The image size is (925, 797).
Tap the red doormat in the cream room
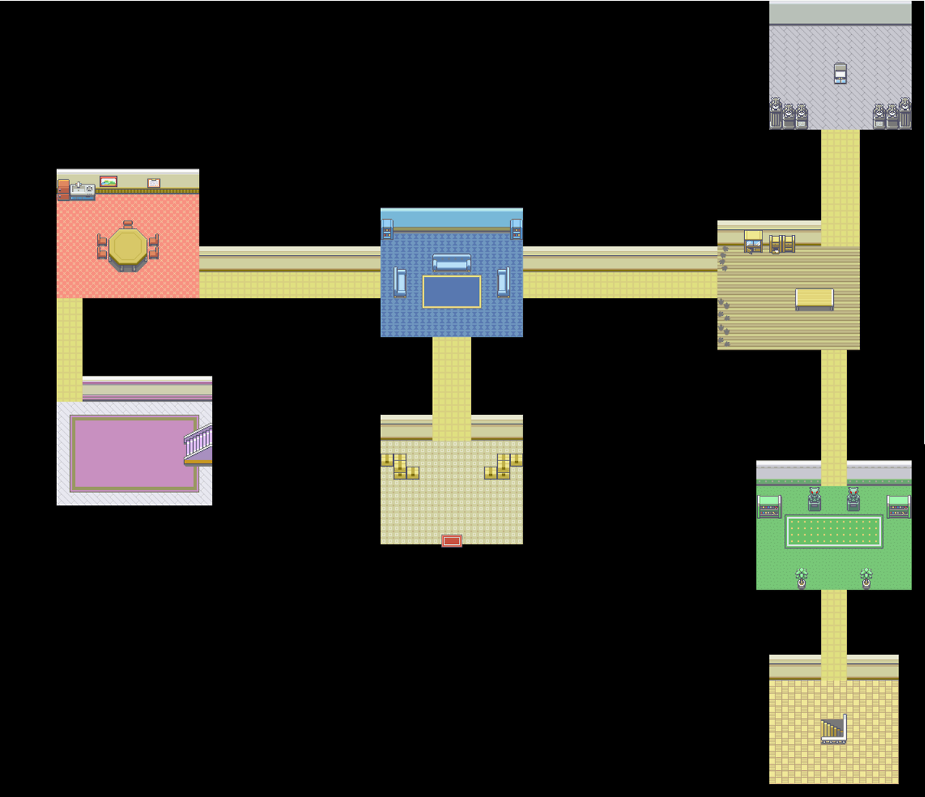452,540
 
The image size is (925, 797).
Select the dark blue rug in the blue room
452,292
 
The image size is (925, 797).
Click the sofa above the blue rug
452,263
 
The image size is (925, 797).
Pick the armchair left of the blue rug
400,282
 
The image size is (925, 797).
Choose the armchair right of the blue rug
504,282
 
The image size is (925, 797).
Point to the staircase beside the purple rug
198,444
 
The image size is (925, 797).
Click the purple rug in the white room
134,453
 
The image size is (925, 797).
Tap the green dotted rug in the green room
833,532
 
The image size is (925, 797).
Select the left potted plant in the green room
801,578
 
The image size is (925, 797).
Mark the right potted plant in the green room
866,578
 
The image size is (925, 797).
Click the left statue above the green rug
814,499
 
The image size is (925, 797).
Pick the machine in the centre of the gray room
840,73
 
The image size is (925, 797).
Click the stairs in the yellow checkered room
833,729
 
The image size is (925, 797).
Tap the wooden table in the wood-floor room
814,298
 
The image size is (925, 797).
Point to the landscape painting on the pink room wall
108,182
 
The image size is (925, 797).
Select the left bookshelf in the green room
770,507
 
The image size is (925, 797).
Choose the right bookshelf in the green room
898,507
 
